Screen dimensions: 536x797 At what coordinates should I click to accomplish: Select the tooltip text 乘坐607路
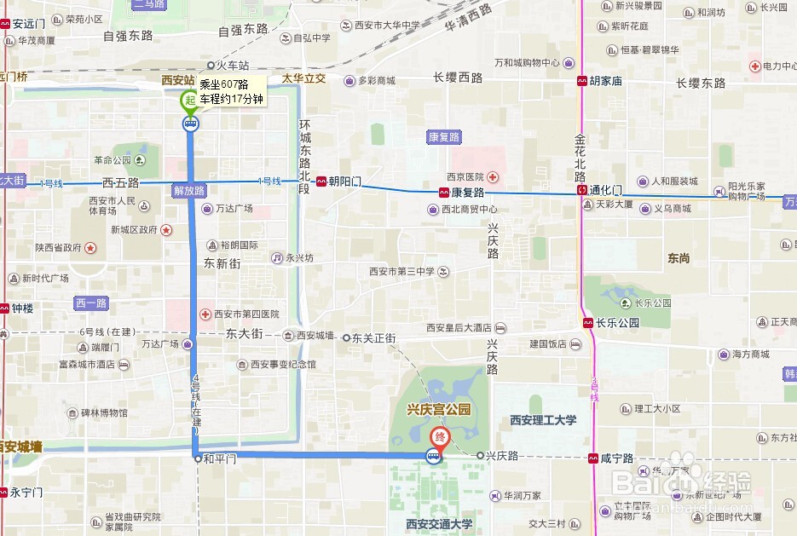(x=223, y=84)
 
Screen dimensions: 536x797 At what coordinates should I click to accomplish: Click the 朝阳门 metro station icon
(x=321, y=182)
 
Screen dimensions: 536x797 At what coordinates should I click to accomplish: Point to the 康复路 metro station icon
(x=444, y=193)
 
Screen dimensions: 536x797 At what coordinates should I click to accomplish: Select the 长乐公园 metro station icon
(x=588, y=323)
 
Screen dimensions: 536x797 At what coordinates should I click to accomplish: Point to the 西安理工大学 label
(x=543, y=419)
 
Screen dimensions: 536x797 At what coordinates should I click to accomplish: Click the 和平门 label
(x=219, y=458)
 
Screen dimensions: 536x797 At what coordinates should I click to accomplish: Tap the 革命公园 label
(x=113, y=159)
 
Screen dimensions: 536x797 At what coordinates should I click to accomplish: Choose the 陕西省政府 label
(x=58, y=248)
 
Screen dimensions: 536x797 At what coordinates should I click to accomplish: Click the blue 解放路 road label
(x=189, y=191)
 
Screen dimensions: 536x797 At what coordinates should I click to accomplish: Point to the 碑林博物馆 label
(x=101, y=413)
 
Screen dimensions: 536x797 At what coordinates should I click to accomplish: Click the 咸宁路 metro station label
(x=617, y=458)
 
